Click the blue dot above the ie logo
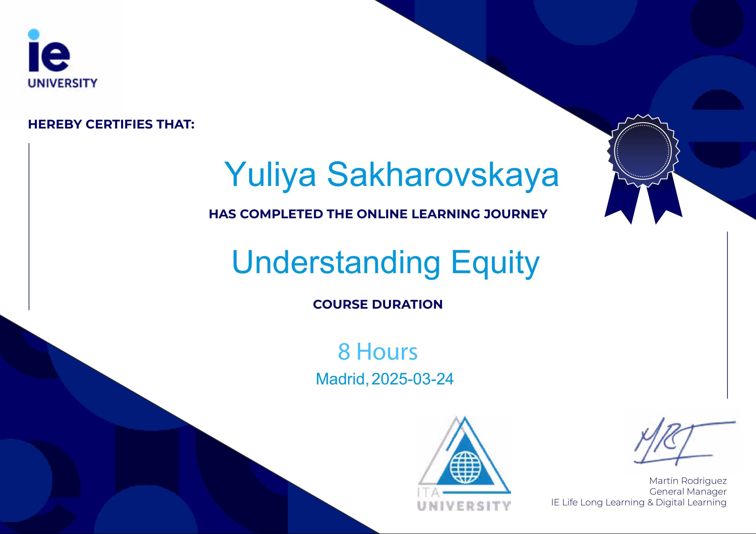coord(34,34)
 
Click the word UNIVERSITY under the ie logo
coord(63,83)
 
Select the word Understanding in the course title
coord(336,262)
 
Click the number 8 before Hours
coord(344,351)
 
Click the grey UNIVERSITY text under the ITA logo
coord(464,506)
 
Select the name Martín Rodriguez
coord(688,481)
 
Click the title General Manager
coord(688,492)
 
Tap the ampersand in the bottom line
coord(650,502)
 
